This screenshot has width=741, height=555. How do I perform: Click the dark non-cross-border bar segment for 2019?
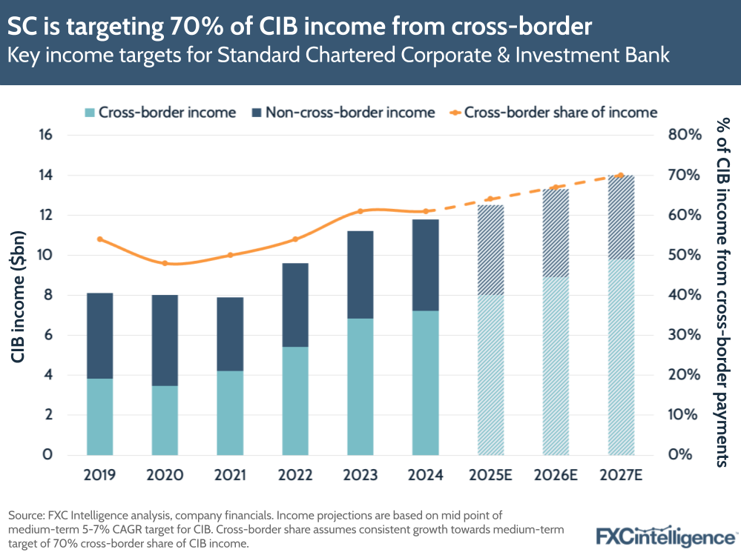[x=99, y=335]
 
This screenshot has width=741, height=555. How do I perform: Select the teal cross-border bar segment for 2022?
[x=295, y=400]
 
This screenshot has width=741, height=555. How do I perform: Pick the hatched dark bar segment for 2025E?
[x=490, y=250]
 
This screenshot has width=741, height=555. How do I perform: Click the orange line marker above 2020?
[x=165, y=263]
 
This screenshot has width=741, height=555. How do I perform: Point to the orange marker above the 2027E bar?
[x=621, y=175]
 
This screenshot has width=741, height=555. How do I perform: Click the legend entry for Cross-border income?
[x=160, y=113]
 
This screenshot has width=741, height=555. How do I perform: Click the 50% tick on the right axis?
[x=684, y=256]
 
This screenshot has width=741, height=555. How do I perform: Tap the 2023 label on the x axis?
[x=360, y=475]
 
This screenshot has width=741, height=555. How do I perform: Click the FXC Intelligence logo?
[x=665, y=536]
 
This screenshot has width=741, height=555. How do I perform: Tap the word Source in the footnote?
[x=25, y=514]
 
